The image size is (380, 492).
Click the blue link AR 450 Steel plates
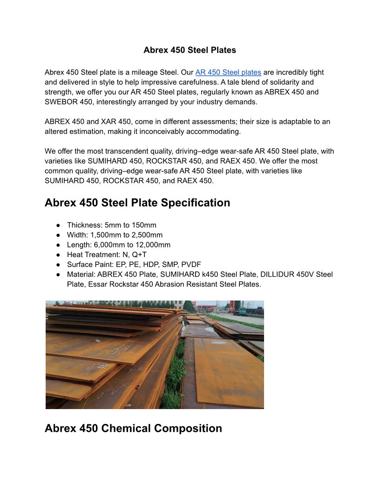tap(228, 72)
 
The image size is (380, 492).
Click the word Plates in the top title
tap(223, 50)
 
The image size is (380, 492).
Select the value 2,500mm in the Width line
tap(147, 235)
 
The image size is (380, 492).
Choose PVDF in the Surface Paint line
tap(191, 264)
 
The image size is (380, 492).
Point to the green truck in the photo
tap(240, 312)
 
